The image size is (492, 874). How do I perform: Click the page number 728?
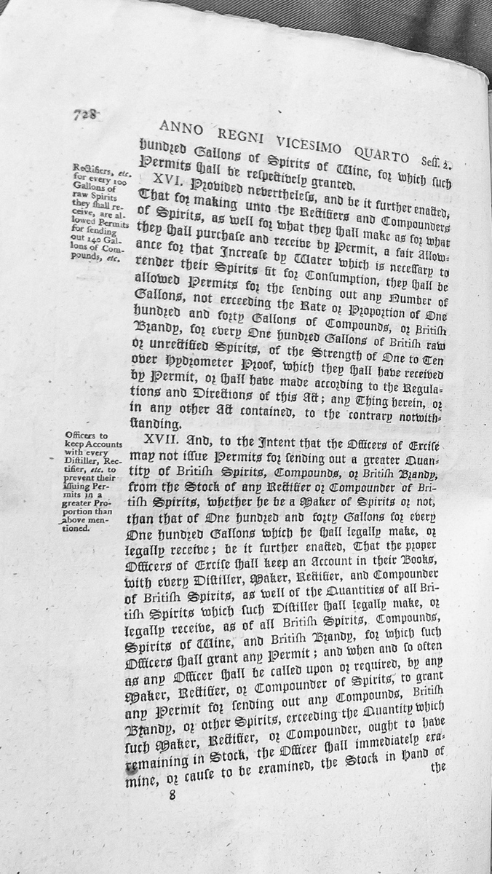click(85, 114)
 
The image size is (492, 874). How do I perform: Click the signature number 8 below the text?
click(172, 794)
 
